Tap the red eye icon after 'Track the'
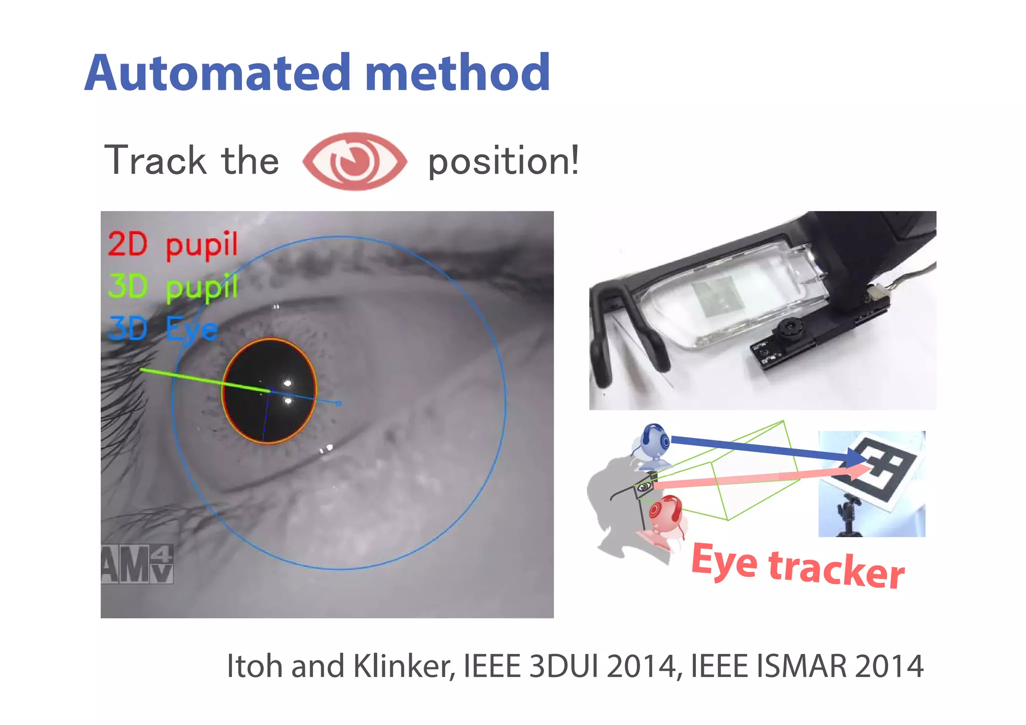[355, 161]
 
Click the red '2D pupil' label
[173, 245]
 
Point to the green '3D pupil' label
[173, 287]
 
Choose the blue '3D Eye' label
[163, 329]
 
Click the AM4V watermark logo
[137, 564]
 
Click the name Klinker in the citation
[404, 666]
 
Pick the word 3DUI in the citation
[563, 666]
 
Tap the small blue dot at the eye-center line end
[339, 403]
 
